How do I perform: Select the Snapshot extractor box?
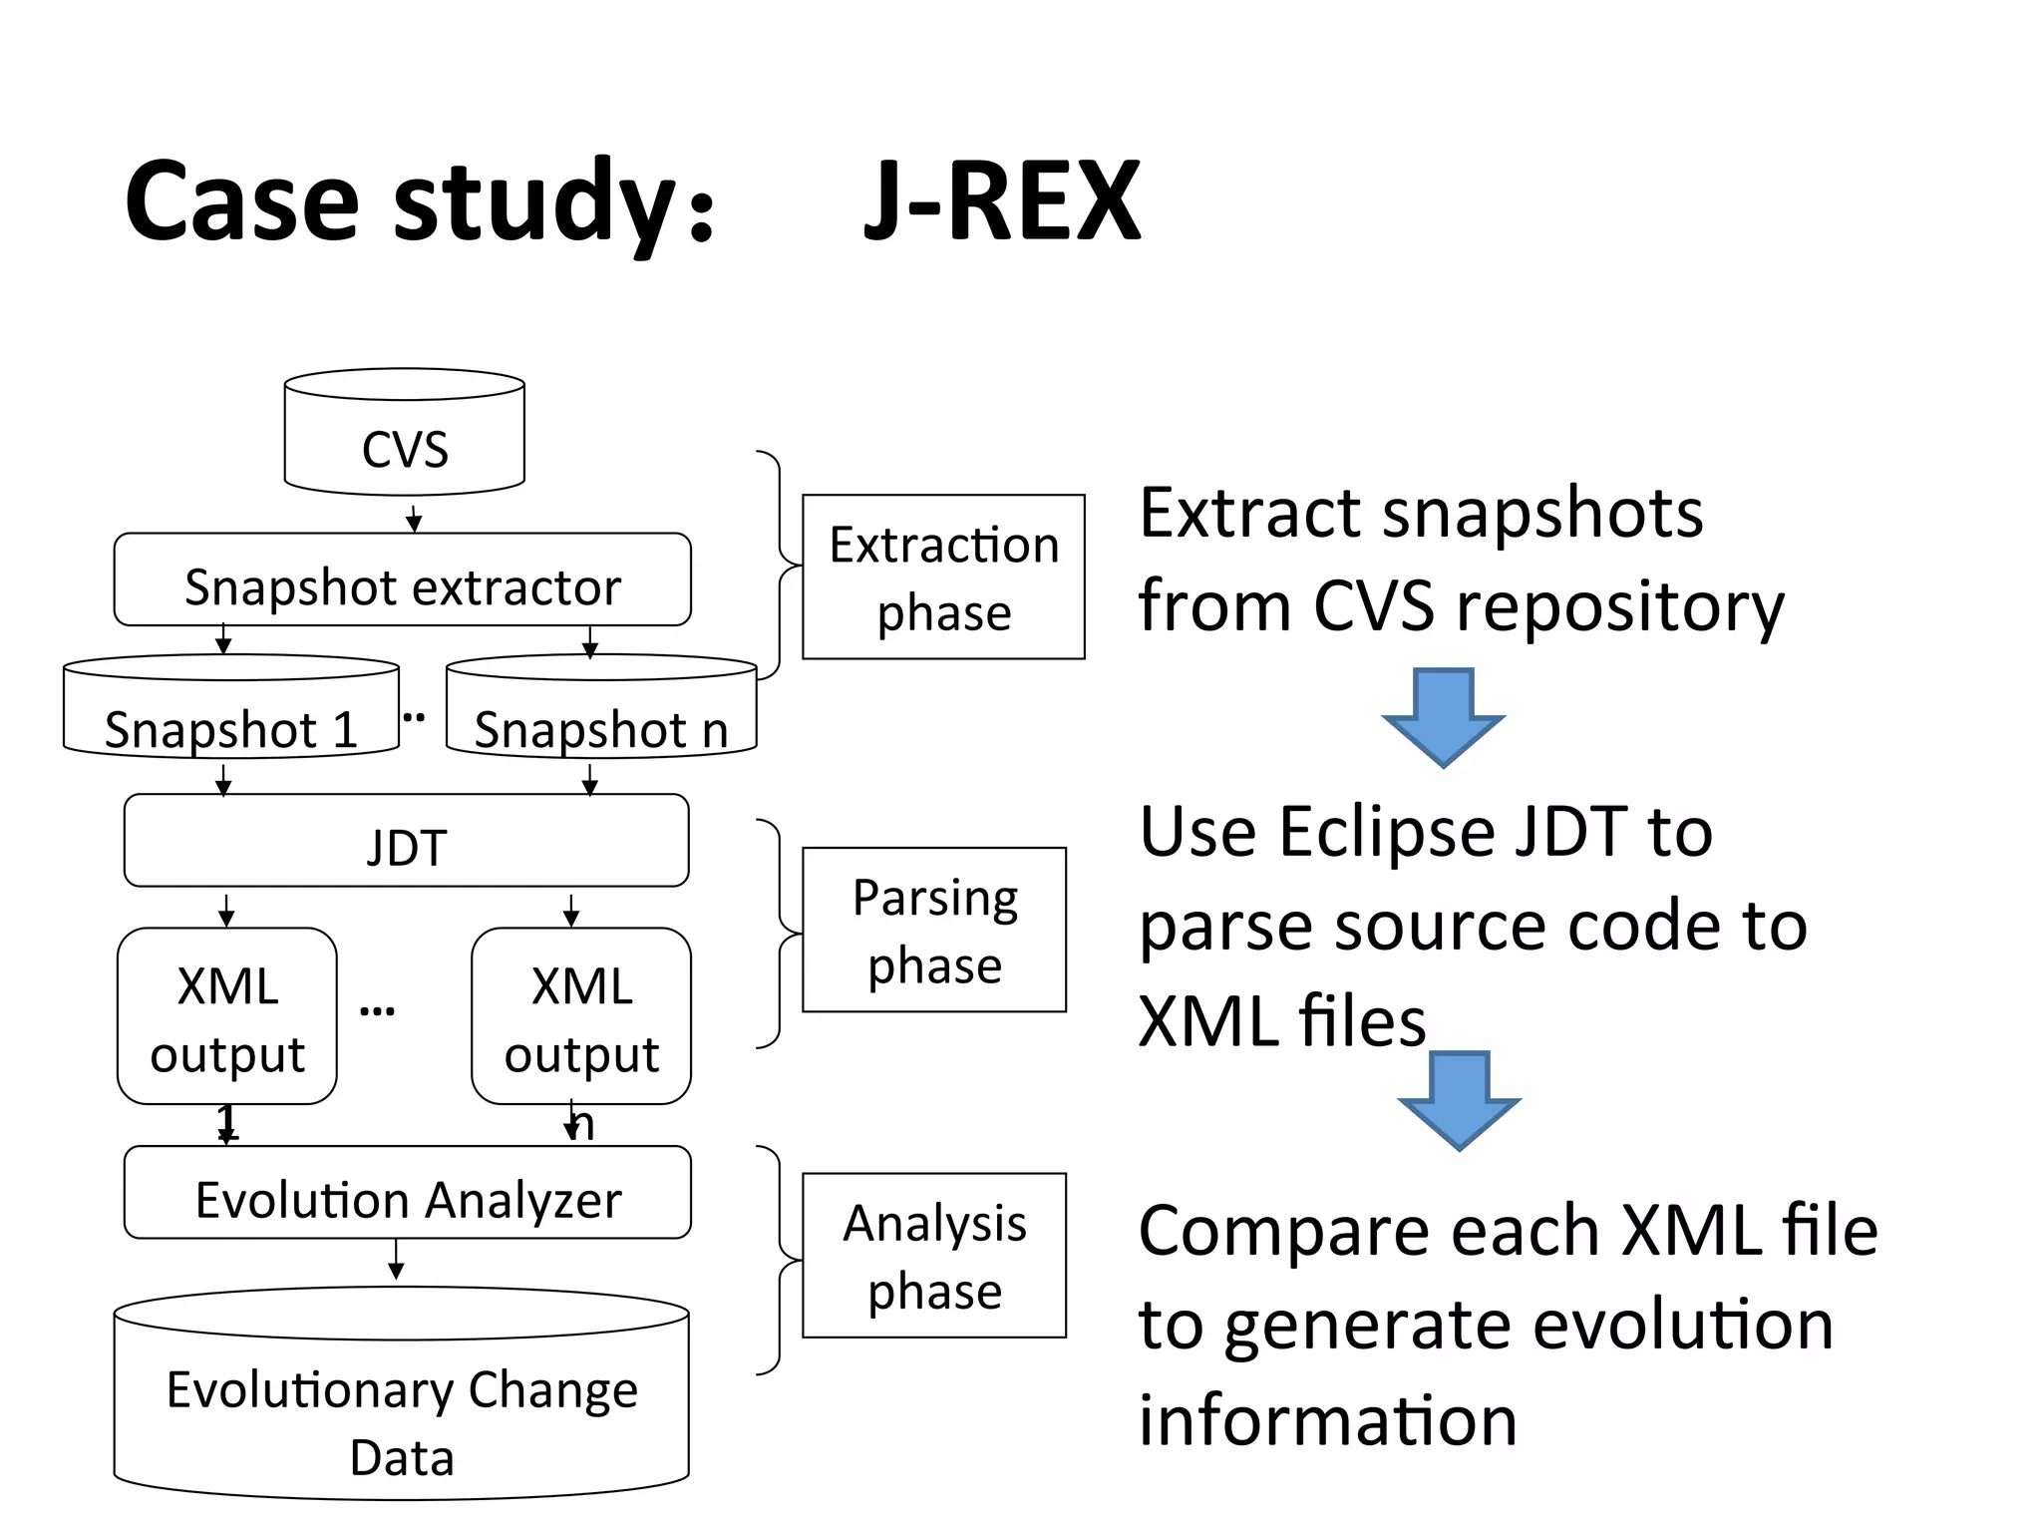(x=402, y=580)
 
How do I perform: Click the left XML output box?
(x=227, y=1016)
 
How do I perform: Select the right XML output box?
(x=581, y=1016)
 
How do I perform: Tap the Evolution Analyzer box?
(x=407, y=1194)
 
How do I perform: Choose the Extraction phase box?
(x=943, y=577)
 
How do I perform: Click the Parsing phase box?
(x=934, y=931)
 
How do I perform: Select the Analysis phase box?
(x=934, y=1256)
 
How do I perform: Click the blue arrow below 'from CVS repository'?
(x=1443, y=717)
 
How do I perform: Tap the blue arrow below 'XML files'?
(x=1459, y=1099)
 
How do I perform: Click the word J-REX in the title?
(x=1001, y=202)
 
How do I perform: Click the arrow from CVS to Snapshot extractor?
(x=414, y=517)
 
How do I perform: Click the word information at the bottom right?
(x=1327, y=1420)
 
